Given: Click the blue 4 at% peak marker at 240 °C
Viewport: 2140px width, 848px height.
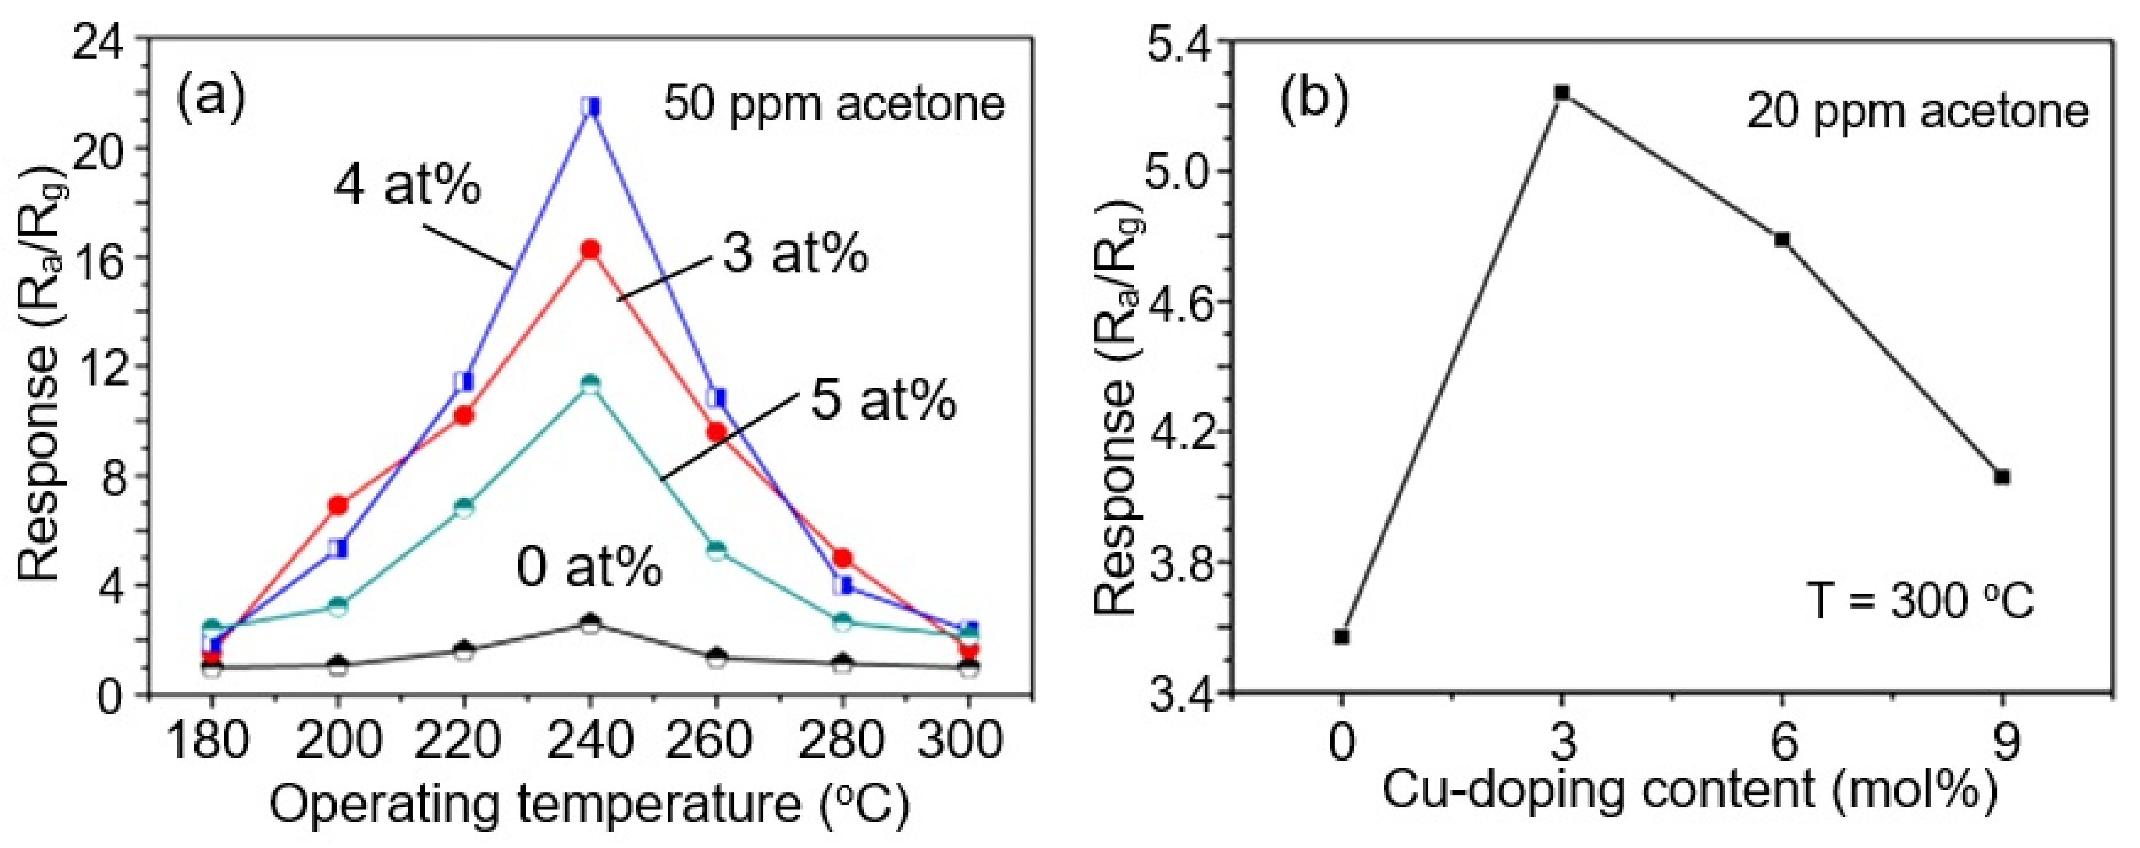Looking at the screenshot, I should point(590,107).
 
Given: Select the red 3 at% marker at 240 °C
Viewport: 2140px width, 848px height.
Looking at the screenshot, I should point(590,249).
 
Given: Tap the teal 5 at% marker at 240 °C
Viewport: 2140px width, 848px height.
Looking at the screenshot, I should point(590,384).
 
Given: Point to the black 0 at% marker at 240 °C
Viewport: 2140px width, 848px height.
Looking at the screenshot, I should point(590,624).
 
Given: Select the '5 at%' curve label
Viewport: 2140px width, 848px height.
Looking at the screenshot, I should point(883,400).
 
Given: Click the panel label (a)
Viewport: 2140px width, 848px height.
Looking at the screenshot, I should point(211,97).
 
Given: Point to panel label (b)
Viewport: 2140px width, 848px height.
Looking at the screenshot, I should point(1314,98).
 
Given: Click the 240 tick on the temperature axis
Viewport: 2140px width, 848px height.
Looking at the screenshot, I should point(590,739).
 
